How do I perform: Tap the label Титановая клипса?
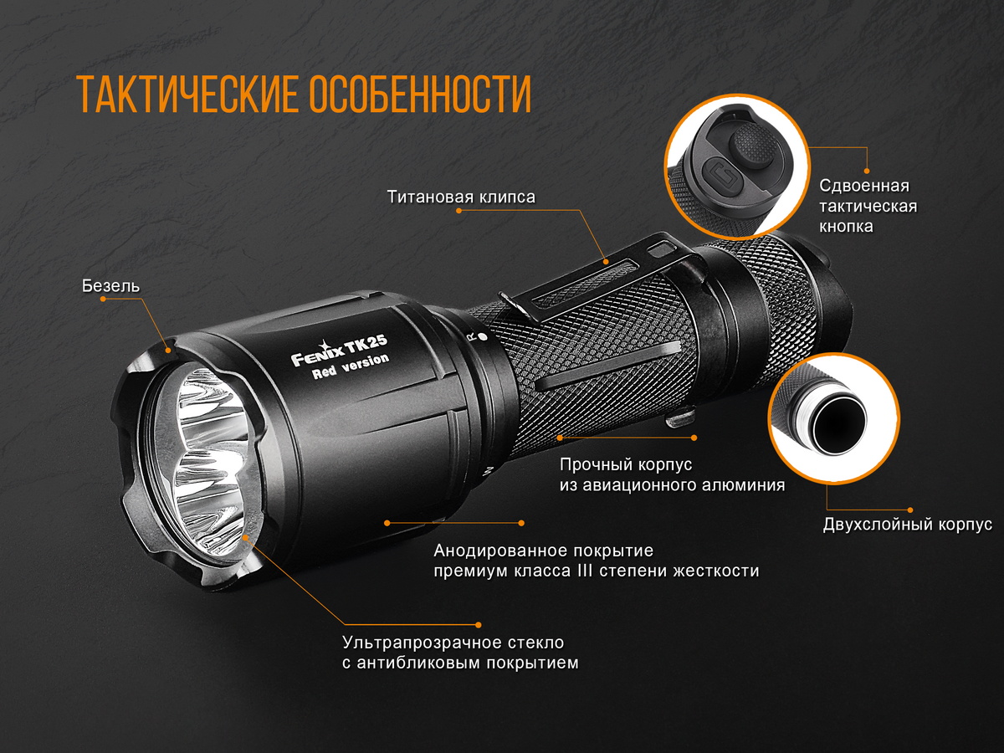461,197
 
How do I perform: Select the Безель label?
110,286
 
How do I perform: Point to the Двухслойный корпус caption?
907,525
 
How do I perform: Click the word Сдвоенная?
864,186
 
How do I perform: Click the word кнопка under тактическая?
847,226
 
